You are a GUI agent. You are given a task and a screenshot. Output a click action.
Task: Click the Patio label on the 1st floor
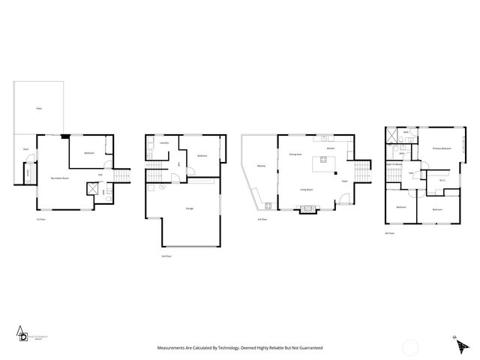click(x=39, y=109)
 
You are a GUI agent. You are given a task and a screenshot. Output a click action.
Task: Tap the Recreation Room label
click(x=60, y=178)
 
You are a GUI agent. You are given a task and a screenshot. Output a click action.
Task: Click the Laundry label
click(x=163, y=142)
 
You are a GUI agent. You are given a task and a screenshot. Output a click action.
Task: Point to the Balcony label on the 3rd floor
click(x=261, y=166)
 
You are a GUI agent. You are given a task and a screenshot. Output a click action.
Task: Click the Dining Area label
click(x=295, y=154)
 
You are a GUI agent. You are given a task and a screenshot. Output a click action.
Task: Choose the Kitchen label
click(x=331, y=148)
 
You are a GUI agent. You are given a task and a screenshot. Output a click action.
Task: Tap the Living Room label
click(x=307, y=189)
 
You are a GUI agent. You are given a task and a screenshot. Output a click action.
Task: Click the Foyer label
click(x=344, y=181)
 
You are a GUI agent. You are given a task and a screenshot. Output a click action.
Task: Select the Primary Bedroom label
click(x=441, y=148)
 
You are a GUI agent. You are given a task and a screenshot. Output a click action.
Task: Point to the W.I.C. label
click(x=442, y=179)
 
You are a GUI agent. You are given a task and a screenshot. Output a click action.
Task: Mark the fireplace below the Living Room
click(x=307, y=211)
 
